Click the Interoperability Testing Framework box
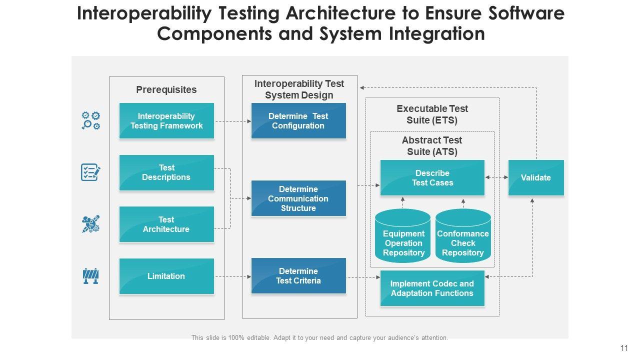tap(166, 121)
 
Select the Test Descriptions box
tap(166, 172)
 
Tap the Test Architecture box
tap(166, 224)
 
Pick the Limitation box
tap(166, 276)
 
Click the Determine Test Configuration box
tap(298, 121)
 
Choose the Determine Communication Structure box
tap(298, 198)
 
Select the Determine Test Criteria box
tap(298, 276)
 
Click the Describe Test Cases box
tap(432, 178)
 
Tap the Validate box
tap(536, 178)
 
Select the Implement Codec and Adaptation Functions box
tap(432, 288)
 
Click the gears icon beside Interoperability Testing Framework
tap(91, 120)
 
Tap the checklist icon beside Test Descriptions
tap(90, 172)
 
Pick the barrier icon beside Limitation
tap(90, 276)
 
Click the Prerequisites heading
tap(166, 90)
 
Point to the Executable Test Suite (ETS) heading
tap(432, 114)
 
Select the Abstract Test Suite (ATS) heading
tap(432, 146)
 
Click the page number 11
tap(623, 348)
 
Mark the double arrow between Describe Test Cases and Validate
tap(496, 177)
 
